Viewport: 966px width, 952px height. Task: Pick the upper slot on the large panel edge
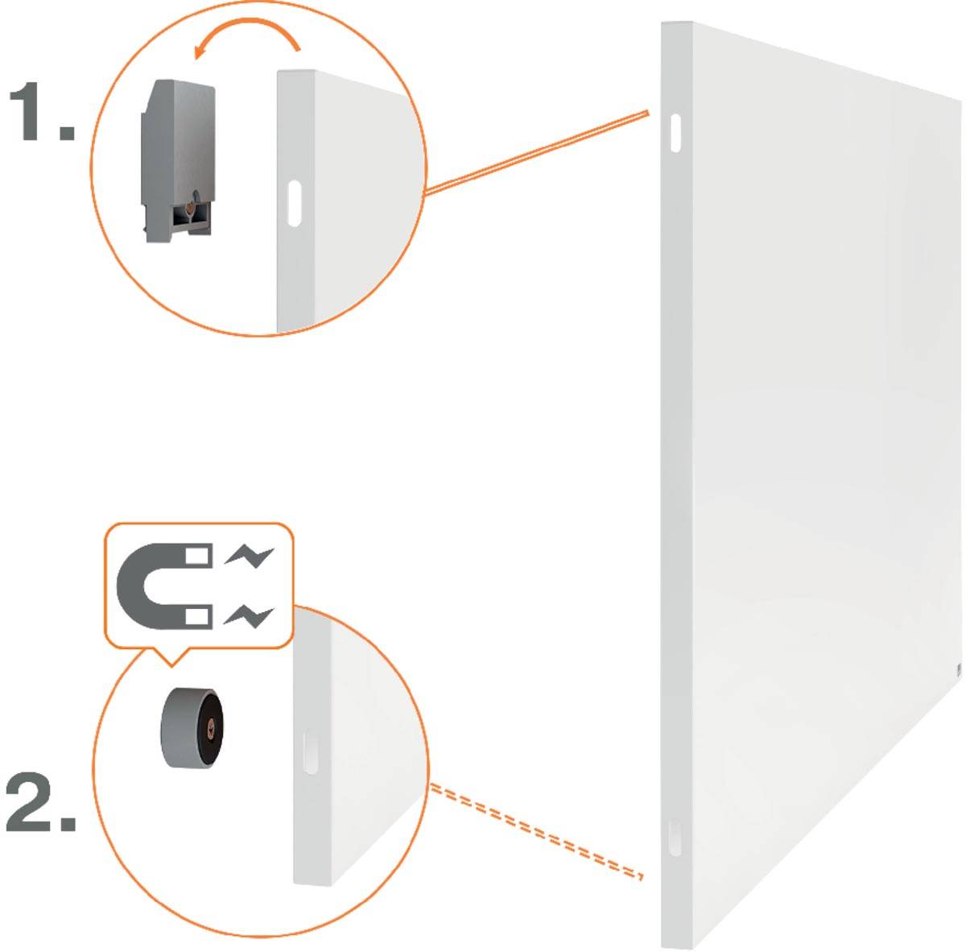point(675,131)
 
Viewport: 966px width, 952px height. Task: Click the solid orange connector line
point(536,152)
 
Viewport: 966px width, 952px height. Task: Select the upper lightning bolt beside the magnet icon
point(250,556)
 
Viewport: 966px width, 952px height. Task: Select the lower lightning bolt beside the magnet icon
point(250,616)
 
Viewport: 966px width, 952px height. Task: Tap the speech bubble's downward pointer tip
point(169,664)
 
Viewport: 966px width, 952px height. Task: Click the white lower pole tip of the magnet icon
point(199,618)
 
